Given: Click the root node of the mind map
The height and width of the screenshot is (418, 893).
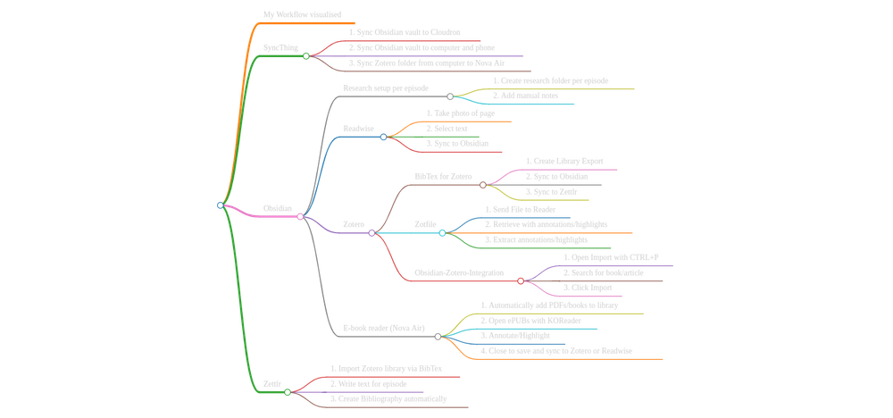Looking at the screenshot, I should [220, 205].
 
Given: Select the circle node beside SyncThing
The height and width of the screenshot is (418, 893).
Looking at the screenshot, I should [305, 56].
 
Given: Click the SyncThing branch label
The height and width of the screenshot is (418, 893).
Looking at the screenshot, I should [280, 48].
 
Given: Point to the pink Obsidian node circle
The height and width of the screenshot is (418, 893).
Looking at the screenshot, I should [300, 217].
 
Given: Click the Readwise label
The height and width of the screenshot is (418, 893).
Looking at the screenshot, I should [359, 129].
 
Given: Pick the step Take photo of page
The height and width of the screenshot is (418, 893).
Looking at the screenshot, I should [459, 113].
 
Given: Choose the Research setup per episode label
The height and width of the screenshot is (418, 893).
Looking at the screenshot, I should [387, 88].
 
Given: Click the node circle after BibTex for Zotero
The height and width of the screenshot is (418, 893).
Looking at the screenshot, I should [483, 185].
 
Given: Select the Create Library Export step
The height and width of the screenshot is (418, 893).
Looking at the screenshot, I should [563, 162].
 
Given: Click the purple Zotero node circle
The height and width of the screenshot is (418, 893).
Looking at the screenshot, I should [371, 233].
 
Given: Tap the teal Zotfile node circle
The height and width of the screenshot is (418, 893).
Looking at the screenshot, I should [442, 233].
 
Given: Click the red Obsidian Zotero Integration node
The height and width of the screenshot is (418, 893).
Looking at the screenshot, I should [522, 281].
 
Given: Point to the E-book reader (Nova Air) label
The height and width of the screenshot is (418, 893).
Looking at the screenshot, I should [384, 329].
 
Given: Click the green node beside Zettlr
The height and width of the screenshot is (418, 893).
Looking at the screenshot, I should [288, 392].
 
